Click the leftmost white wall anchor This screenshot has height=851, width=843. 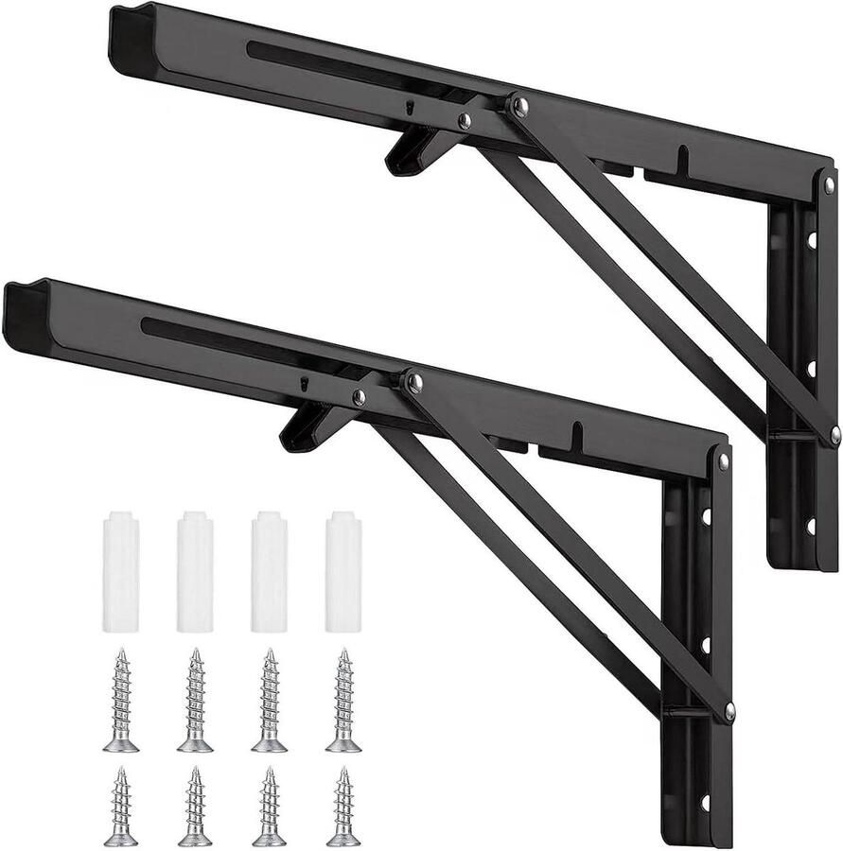tap(121, 572)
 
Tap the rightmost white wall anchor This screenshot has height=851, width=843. tap(343, 572)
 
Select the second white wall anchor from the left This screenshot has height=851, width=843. tap(195, 572)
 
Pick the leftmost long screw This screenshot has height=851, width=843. tap(121, 701)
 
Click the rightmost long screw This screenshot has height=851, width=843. tap(343, 701)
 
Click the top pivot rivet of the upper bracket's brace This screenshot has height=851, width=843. tap(518, 106)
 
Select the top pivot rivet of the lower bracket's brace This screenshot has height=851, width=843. tap(413, 382)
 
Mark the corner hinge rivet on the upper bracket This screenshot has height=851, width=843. tap(829, 184)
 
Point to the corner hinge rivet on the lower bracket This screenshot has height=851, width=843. tap(724, 461)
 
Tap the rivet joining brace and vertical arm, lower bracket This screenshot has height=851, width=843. tap(729, 711)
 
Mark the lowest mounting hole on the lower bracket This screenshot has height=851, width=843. tap(705, 803)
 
